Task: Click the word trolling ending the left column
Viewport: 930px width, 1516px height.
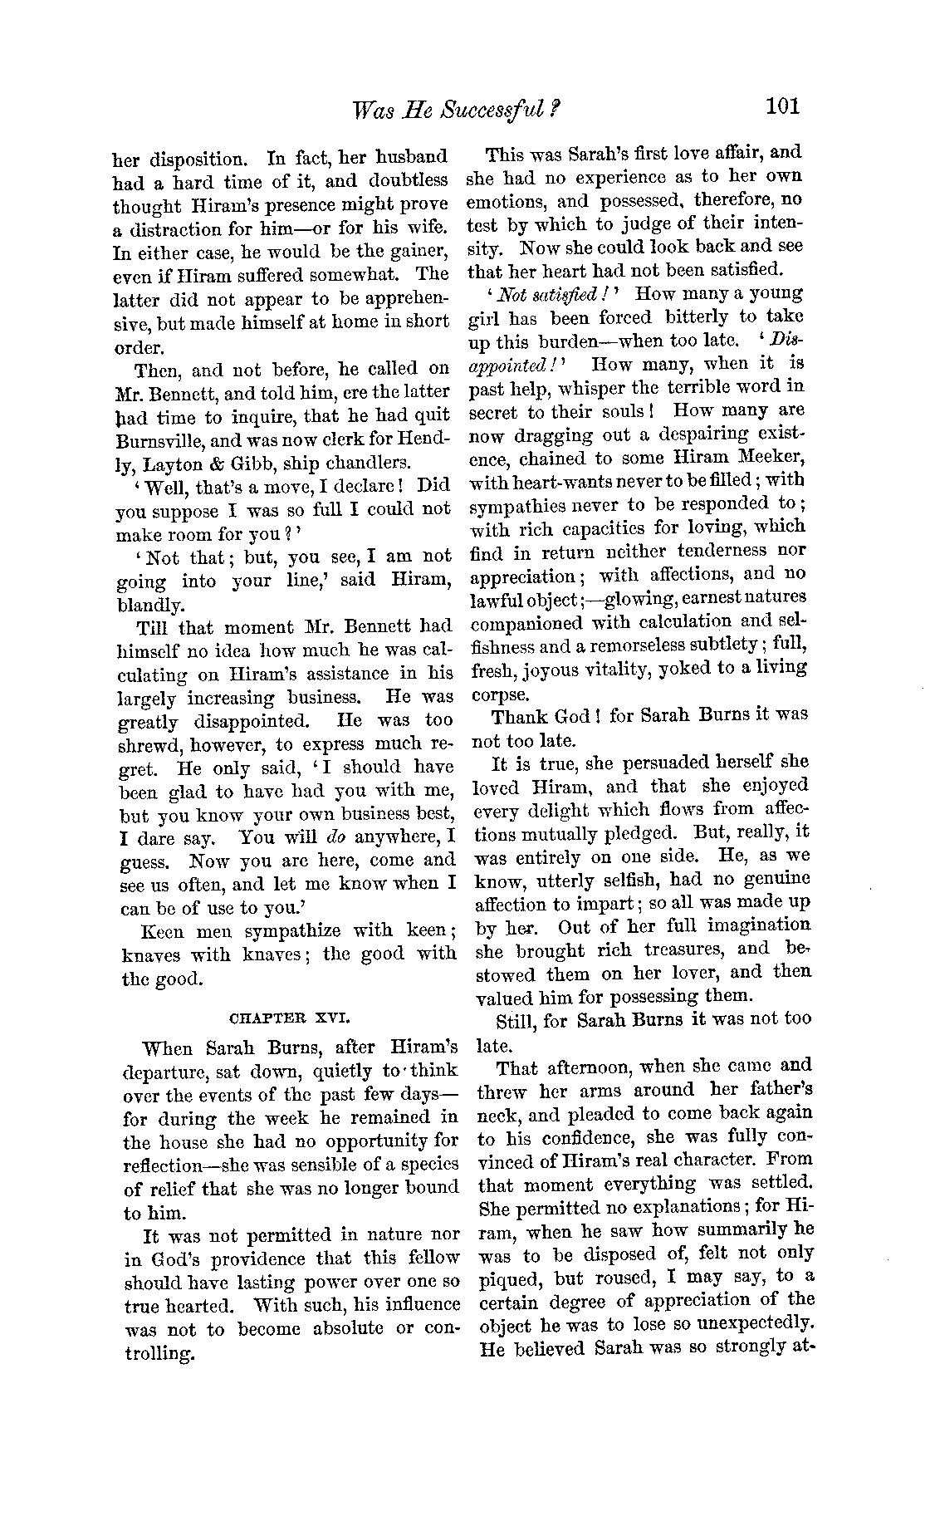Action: (x=158, y=1352)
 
